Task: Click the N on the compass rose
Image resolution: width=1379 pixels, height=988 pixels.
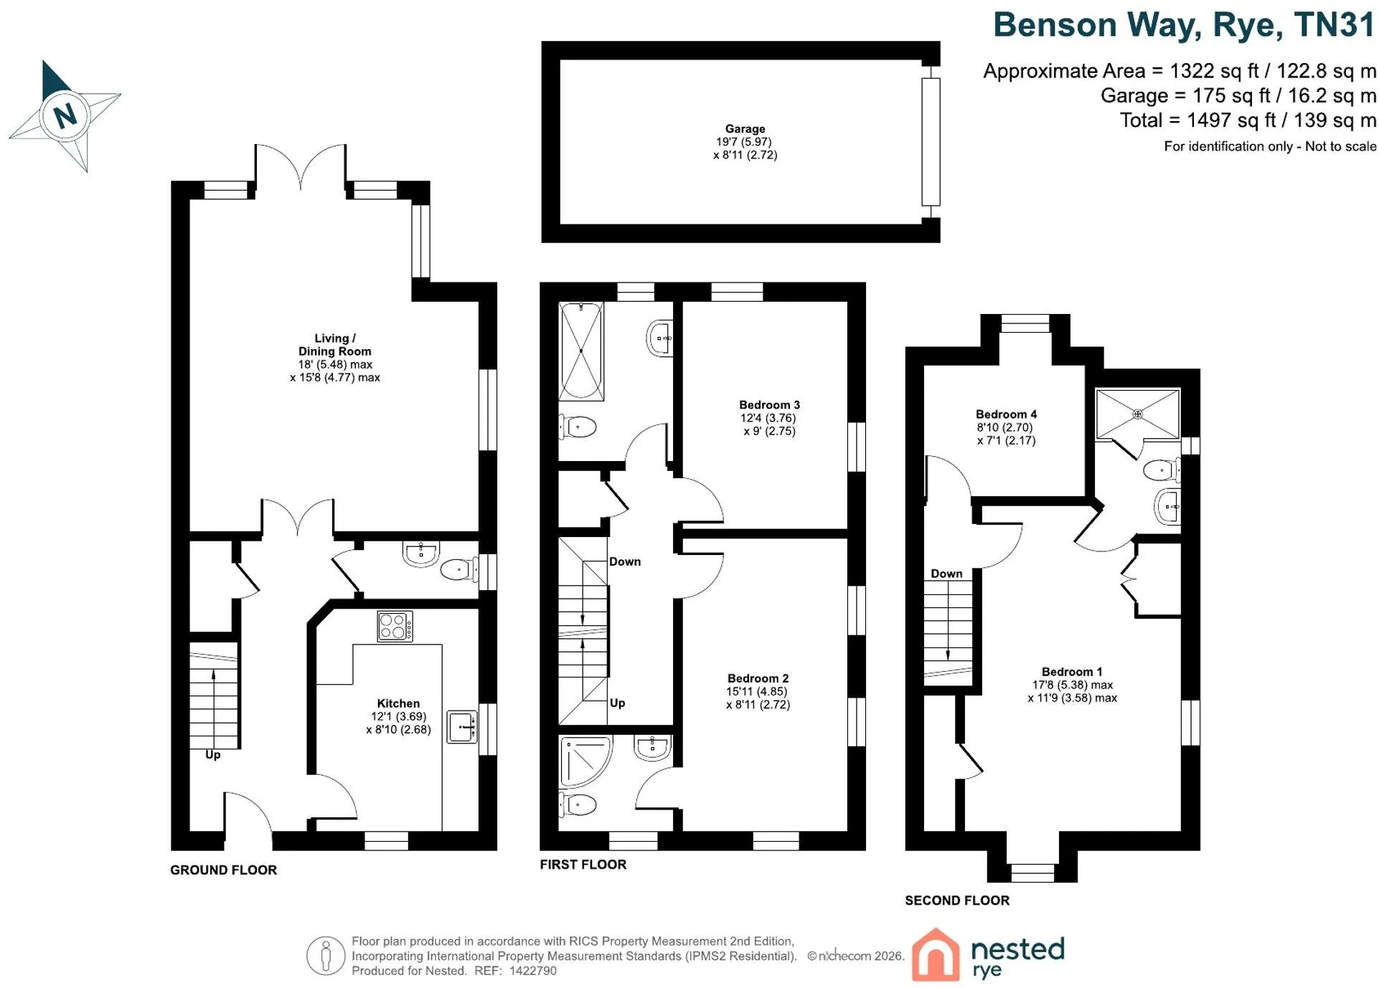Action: [x=65, y=115]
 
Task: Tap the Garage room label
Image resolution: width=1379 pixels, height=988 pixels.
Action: [x=745, y=129]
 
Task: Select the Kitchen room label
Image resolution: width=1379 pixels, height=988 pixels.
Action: [x=398, y=703]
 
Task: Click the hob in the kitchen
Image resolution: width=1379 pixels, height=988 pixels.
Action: [x=395, y=626]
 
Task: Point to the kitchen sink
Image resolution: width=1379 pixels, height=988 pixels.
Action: [x=462, y=727]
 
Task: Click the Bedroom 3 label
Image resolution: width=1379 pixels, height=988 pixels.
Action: [x=769, y=405]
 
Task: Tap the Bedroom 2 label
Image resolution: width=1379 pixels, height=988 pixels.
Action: [x=758, y=678]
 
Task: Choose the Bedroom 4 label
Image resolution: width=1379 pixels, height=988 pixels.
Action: [x=1006, y=414]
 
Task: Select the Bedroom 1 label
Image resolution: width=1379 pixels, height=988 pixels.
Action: [x=1072, y=672]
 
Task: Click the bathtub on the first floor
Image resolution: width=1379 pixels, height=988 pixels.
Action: [x=581, y=351]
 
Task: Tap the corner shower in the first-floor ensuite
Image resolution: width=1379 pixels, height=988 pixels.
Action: [x=585, y=760]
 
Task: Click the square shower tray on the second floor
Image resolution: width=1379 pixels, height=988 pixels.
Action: [x=1137, y=414]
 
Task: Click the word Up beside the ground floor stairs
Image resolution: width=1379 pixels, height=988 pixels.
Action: [x=212, y=755]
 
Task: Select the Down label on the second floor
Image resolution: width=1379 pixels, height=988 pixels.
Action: [x=946, y=574]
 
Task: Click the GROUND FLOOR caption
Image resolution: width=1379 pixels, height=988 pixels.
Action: [x=223, y=870]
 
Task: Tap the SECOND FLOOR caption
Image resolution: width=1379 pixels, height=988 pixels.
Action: [x=957, y=901]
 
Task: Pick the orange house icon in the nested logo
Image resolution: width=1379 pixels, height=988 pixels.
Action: [x=936, y=955]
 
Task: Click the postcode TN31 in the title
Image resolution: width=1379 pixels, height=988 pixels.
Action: [x=1335, y=25]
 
